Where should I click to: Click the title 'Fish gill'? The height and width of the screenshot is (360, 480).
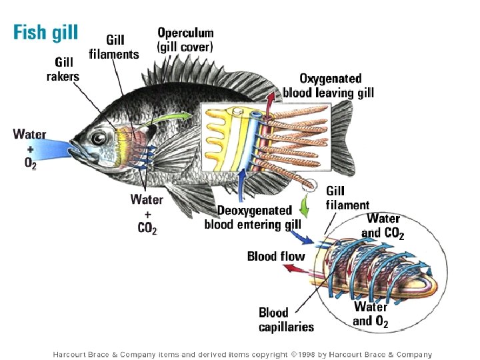pyautogui.click(x=45, y=32)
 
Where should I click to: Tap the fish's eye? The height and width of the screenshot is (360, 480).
pyautogui.click(x=99, y=138)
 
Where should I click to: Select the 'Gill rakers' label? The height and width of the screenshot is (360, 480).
pyautogui.click(x=62, y=69)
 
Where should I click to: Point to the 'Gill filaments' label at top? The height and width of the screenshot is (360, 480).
pyautogui.click(x=115, y=46)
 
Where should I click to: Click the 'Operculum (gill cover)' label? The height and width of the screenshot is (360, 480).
pyautogui.click(x=185, y=39)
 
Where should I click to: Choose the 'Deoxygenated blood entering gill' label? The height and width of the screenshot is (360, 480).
pyautogui.click(x=253, y=218)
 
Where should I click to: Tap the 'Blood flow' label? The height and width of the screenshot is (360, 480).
pyautogui.click(x=275, y=256)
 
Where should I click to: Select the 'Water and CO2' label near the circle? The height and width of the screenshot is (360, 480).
pyautogui.click(x=383, y=225)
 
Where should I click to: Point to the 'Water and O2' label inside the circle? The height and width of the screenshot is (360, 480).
pyautogui.click(x=371, y=313)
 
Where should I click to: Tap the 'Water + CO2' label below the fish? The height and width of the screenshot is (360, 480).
pyautogui.click(x=147, y=213)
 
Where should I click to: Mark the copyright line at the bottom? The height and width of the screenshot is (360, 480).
pyautogui.click(x=243, y=355)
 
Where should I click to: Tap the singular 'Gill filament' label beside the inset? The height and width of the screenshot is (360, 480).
pyautogui.click(x=347, y=198)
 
